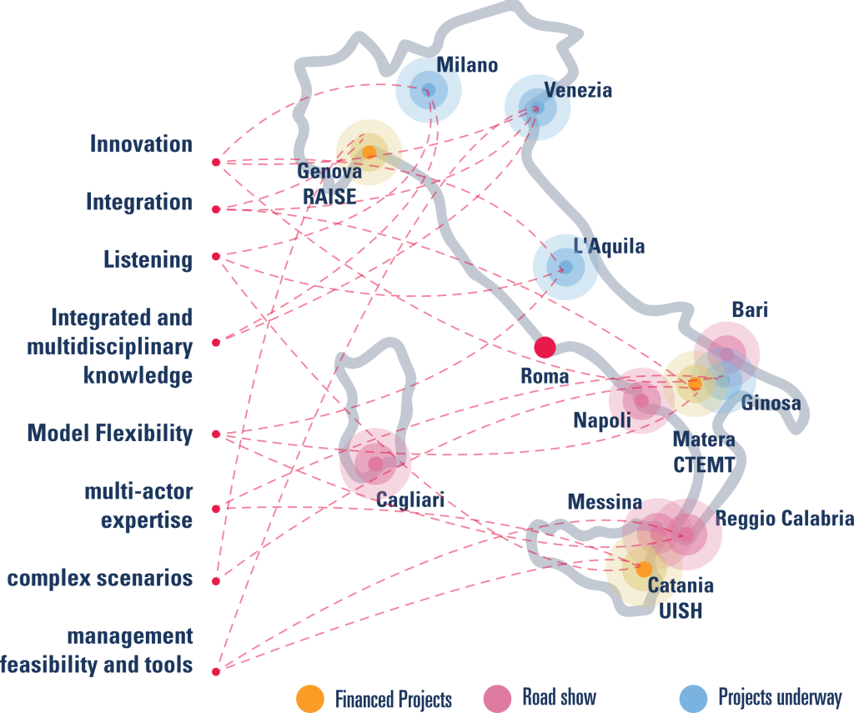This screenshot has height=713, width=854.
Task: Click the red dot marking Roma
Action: [545, 347]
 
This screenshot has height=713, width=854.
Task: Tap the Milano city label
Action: [467, 65]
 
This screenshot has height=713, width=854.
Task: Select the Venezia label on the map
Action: [579, 90]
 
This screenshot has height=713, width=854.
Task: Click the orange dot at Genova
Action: [369, 152]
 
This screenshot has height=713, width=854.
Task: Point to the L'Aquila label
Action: [609, 246]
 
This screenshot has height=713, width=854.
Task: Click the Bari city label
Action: [750, 309]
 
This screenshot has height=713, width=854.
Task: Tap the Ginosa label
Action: [771, 403]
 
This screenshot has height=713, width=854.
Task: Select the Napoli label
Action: [602, 420]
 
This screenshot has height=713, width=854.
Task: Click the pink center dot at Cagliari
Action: [375, 464]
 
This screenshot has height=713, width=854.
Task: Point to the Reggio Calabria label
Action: [784, 518]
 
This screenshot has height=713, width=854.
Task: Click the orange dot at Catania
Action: [644, 570]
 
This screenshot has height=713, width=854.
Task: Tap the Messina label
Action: [605, 502]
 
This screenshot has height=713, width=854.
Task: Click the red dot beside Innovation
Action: [216, 163]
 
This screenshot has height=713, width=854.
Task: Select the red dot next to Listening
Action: [216, 256]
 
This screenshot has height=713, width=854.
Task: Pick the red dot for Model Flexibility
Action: [216, 434]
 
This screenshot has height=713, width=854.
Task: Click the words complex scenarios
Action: [100, 578]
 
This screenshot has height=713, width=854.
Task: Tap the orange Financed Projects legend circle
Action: [310, 699]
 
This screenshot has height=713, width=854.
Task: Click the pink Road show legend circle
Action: [497, 699]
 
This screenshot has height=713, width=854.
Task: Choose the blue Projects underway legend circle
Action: [694, 699]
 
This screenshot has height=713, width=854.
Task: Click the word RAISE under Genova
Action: [329, 196]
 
